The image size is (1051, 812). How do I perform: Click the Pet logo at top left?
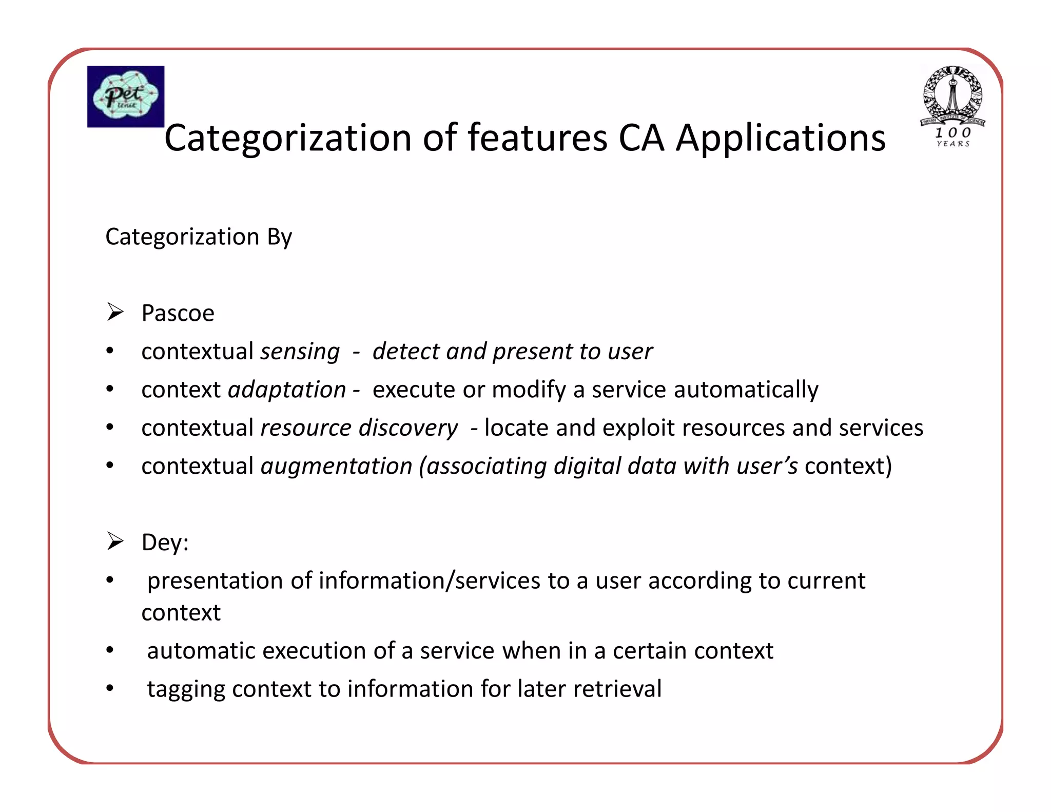[126, 96]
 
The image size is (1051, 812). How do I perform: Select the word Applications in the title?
[781, 138]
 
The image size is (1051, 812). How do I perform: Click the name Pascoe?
[178, 313]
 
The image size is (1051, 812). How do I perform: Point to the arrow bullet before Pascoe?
[115, 312]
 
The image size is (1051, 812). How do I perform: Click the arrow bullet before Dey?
[115, 542]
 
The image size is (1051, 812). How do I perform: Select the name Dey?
[165, 543]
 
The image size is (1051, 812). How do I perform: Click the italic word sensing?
[300, 352]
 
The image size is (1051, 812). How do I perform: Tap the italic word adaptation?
[287, 390]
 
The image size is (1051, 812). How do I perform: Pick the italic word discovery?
[408, 428]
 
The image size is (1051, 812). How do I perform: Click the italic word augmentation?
[336, 467]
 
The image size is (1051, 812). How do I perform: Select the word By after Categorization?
[279, 237]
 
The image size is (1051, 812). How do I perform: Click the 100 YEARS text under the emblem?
[953, 137]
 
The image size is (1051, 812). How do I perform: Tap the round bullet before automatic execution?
[110, 650]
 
